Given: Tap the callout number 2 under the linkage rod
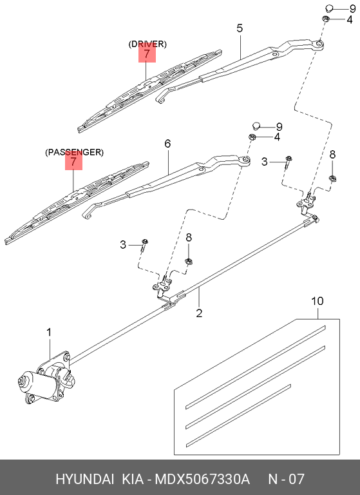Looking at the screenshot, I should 200,314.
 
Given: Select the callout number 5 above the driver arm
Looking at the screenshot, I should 240,28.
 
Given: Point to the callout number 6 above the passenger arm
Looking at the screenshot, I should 167,144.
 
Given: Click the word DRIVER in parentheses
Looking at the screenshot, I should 147,44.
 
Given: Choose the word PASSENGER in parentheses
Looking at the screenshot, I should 74,152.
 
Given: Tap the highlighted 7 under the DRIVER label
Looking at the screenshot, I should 147,54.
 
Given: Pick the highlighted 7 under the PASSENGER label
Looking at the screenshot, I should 74,162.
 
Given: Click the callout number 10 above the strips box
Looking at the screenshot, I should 317,301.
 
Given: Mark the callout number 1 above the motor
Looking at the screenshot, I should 48,333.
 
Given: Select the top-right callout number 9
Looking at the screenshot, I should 352,8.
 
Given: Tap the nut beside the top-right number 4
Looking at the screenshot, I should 327,19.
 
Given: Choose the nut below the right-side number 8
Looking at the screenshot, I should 332,179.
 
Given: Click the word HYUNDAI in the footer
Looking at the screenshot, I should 83,479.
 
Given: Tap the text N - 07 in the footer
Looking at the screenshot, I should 286,479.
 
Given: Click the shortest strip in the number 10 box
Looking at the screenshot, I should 239,415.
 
